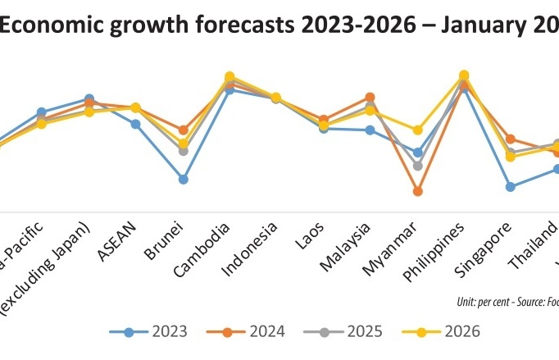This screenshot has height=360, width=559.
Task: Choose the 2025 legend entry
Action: click(345, 331)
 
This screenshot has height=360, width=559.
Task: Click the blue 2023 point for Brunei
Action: click(184, 179)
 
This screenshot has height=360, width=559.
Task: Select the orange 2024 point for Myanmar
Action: click(418, 191)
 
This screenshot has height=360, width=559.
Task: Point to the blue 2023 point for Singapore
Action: click(511, 186)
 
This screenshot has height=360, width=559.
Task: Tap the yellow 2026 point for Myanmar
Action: click(418, 130)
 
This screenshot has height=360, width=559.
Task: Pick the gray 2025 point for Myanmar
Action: click(418, 166)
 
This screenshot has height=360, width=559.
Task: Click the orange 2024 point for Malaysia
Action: click(370, 97)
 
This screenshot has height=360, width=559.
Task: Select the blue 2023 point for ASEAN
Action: click(136, 124)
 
